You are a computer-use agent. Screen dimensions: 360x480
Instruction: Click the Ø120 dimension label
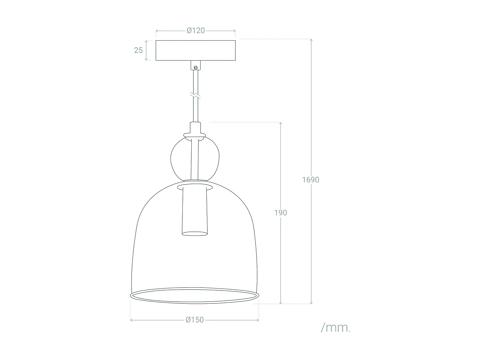(196, 31)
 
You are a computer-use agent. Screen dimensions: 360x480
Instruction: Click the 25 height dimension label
(138, 50)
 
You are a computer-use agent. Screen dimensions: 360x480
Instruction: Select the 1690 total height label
(311, 180)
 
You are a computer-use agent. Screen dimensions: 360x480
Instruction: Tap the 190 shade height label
(281, 212)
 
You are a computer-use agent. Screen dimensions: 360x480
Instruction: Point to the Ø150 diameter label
(195, 320)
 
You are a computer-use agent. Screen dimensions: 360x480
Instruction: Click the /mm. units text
(336, 328)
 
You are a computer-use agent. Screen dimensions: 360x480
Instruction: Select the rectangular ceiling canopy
(196, 50)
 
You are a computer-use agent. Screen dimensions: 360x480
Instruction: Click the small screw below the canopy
(195, 67)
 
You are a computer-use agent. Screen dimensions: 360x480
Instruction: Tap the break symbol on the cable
(195, 95)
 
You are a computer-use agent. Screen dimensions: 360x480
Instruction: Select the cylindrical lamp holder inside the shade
(194, 211)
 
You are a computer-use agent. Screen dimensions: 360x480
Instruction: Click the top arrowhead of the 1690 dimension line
(311, 40)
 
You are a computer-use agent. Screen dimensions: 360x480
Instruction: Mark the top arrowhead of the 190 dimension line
(281, 124)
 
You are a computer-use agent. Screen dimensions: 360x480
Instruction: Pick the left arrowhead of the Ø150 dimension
(132, 320)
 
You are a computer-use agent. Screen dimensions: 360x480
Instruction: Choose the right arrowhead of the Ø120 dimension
(234, 31)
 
